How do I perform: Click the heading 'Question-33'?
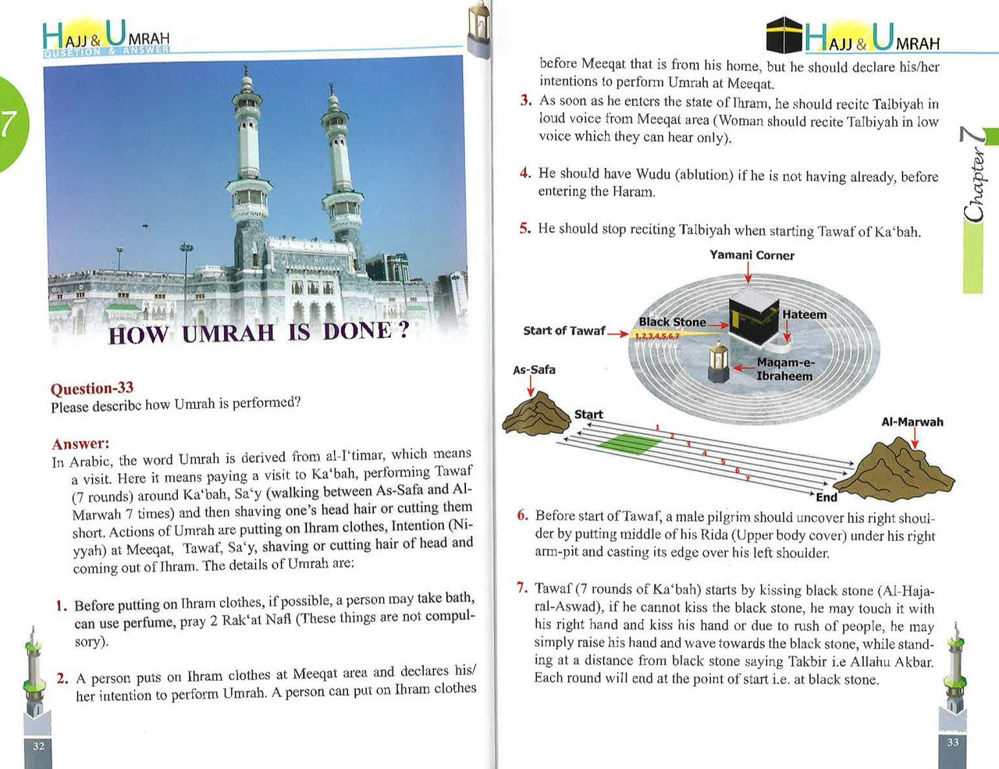tap(91, 388)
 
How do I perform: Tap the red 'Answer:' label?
tap(80, 443)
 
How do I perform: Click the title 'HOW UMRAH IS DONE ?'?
tap(258, 333)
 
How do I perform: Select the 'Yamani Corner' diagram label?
tap(752, 255)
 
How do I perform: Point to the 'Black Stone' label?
tap(672, 322)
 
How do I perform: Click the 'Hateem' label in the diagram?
tap(804, 315)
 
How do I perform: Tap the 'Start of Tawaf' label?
tap(563, 331)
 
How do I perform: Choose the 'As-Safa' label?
tap(534, 370)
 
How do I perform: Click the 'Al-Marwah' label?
tap(912, 422)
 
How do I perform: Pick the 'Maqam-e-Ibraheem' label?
tap(784, 369)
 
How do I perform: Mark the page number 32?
tap(39, 746)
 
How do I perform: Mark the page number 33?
tap(952, 742)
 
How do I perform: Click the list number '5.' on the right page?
tap(524, 229)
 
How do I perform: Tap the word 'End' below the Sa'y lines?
tap(827, 497)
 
